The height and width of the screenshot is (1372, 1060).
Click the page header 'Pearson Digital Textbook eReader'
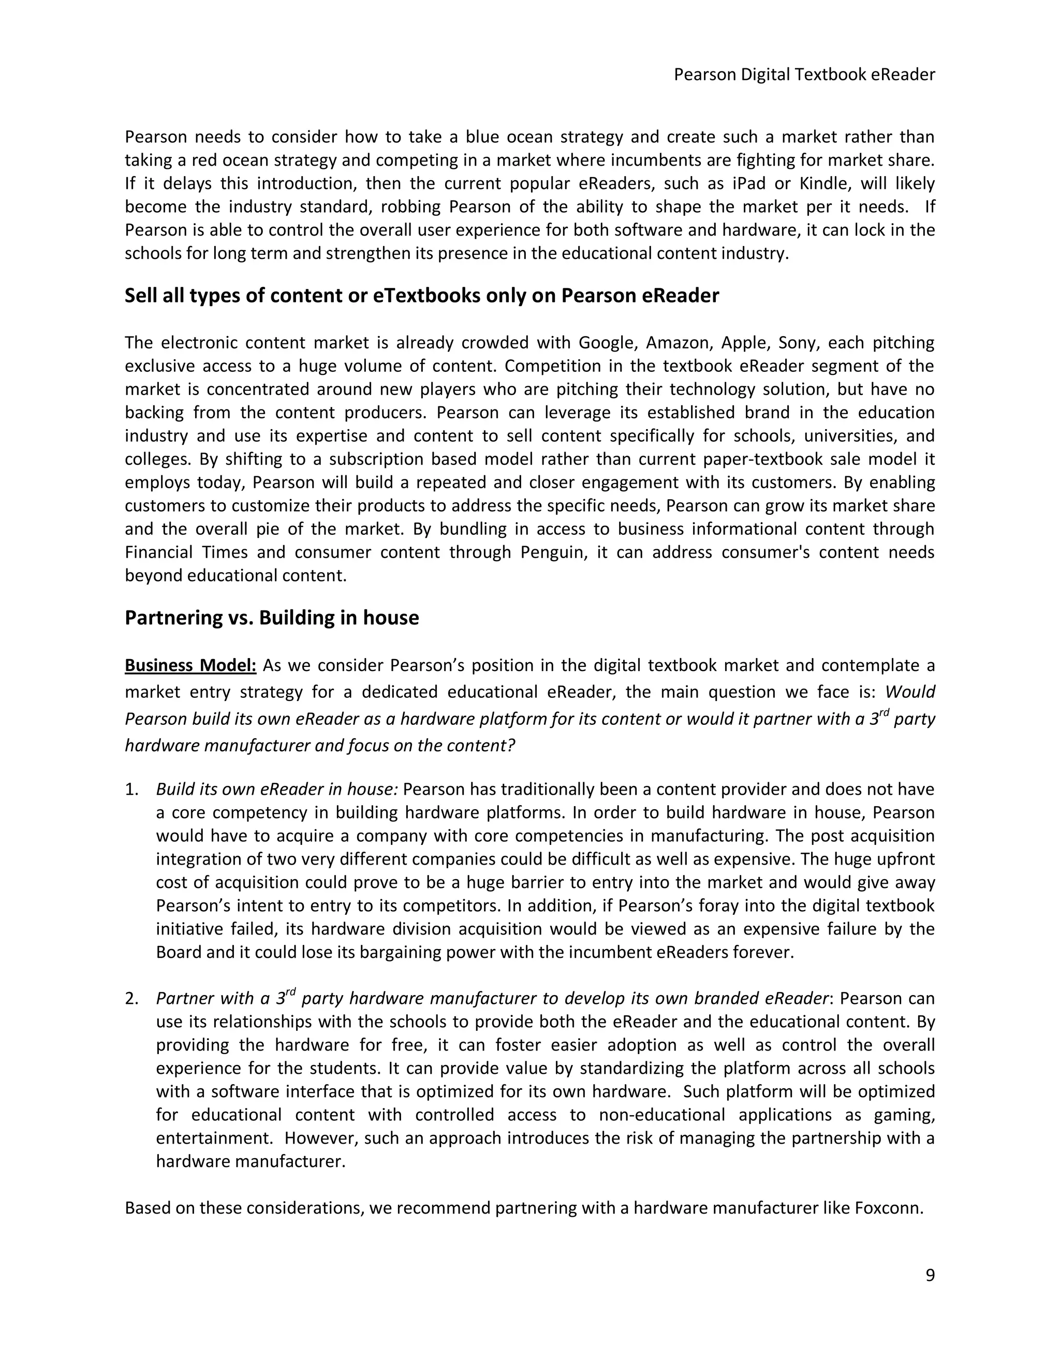[804, 75]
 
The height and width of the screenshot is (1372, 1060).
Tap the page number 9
[930, 1275]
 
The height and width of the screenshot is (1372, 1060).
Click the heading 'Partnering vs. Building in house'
[271, 618]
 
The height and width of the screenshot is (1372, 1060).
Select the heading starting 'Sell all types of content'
[421, 295]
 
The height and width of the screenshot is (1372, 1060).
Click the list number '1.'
[131, 789]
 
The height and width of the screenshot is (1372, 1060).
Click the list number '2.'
[131, 998]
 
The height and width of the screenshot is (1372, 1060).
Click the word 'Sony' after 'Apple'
[796, 342]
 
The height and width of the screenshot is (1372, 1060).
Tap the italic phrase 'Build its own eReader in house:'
[277, 789]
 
